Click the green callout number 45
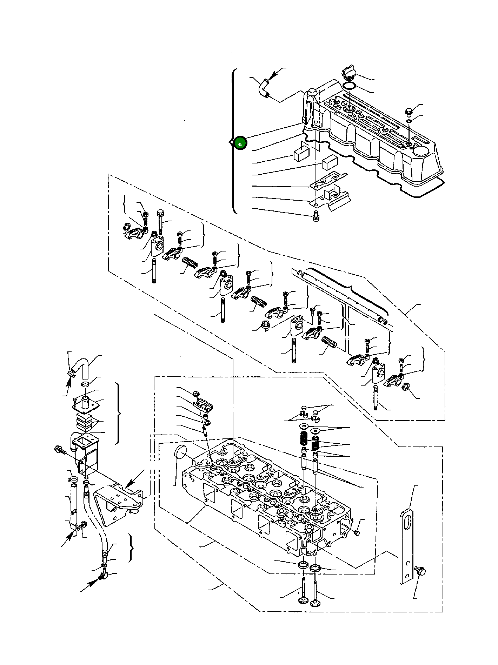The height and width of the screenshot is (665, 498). [240, 143]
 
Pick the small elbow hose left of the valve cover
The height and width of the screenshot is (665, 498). [263, 87]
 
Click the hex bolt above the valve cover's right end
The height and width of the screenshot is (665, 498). [409, 112]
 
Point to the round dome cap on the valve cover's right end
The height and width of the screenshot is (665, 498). [421, 152]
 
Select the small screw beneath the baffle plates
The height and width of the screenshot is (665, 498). [316, 217]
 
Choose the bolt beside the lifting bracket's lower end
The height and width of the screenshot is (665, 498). [420, 571]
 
